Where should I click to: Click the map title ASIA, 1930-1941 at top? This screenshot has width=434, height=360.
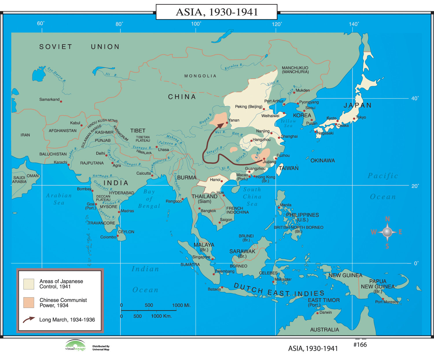pos(216,12)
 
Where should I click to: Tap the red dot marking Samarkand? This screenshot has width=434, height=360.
pos(61,101)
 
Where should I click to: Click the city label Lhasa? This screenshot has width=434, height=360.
pos(163,149)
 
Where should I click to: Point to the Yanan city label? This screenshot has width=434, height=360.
pos(234,120)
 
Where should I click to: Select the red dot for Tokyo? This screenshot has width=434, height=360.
pos(354,119)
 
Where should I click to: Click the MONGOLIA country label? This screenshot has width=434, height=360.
pos(200,76)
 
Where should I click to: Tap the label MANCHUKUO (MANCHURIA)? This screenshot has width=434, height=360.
pos(295,70)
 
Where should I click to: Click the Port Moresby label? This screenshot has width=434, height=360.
pos(387,302)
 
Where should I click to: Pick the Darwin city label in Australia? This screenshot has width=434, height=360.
pos(325,312)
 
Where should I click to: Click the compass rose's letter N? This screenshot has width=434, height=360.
pos(387,219)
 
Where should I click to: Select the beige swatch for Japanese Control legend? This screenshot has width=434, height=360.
pos(29,284)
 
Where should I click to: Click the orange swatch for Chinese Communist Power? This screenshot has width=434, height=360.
pos(29,302)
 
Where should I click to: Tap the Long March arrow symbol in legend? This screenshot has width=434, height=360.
pos(29,320)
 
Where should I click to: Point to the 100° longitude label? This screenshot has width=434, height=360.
pos(196,24)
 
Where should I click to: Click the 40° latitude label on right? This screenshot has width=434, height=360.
pos(415,99)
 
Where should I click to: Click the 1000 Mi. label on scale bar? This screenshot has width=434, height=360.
pos(181,305)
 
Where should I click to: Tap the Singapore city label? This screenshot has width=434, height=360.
pos(201,257)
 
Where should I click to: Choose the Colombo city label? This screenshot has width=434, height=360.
pos(108,237)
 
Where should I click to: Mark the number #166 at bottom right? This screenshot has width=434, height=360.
pos(360,345)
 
